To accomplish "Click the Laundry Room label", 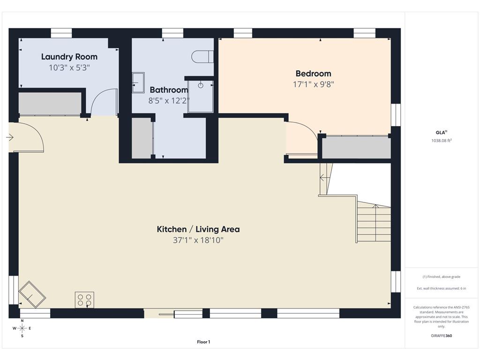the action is click(x=69, y=57).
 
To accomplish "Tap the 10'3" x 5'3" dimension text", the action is click(x=69, y=67).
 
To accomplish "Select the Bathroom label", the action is click(x=169, y=90).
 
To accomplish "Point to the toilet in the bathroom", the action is click(x=202, y=57).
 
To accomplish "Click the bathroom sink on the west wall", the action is click(x=138, y=82).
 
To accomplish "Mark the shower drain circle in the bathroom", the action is click(x=201, y=85).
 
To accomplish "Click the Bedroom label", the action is click(x=313, y=74).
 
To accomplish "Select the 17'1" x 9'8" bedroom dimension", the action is click(x=313, y=84).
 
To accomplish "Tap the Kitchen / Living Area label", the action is click(x=198, y=229).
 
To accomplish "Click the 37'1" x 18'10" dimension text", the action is click(x=198, y=240).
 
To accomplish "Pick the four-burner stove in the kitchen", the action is click(x=84, y=300).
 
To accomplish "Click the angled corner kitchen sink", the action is click(x=32, y=294).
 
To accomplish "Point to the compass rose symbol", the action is click(x=22, y=329).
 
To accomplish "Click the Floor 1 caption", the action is click(x=203, y=342).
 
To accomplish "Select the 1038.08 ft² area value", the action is click(x=442, y=141).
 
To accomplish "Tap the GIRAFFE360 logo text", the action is click(x=441, y=336).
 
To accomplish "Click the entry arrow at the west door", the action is click(x=10, y=137).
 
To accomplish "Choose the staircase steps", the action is click(x=374, y=223).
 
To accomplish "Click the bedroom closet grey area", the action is click(x=357, y=147).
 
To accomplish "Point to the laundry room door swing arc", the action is click(x=101, y=97).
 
